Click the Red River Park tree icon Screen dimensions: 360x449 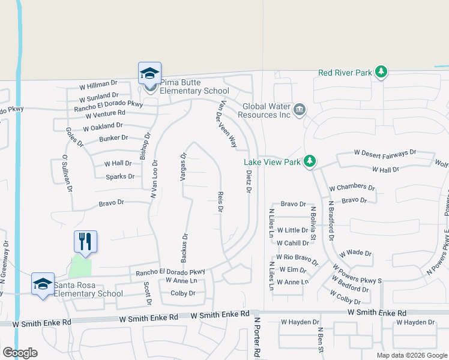click(381, 73)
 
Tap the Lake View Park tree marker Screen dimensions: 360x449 click(310, 161)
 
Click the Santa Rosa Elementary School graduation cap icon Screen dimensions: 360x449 click(43, 284)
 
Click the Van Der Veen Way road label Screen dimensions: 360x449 click(227, 124)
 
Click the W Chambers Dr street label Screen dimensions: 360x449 click(352, 187)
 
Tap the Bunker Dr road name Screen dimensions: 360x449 click(113, 138)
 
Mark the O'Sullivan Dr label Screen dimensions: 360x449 click(67, 173)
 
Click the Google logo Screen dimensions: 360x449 click(20, 353)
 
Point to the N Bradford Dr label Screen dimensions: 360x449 click(331, 220)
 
